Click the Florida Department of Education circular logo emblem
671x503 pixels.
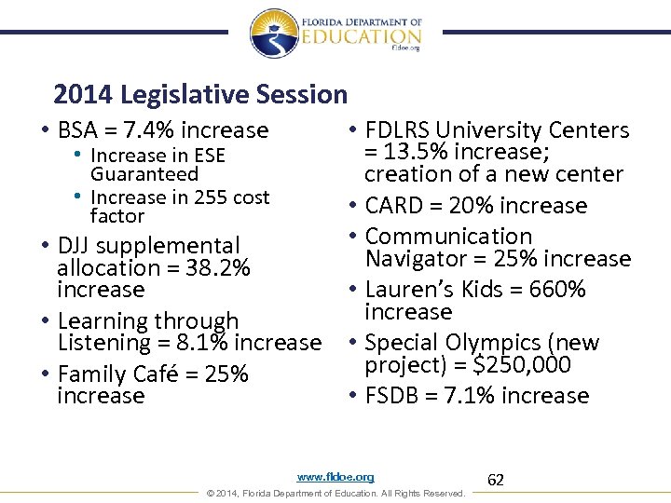(x=275, y=34)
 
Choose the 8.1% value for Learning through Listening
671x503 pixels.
(x=218, y=343)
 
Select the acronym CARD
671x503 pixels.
(x=398, y=206)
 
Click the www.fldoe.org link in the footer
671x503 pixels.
(x=335, y=477)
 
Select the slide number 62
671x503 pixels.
(x=496, y=480)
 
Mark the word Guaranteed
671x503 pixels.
(x=144, y=174)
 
